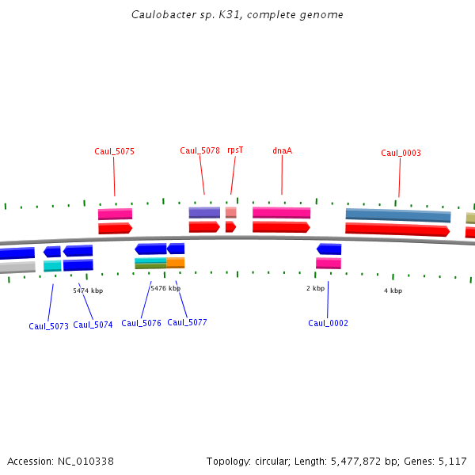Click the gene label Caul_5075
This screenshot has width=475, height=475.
point(114,151)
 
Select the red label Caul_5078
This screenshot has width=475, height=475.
point(199,150)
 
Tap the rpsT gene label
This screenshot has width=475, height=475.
point(235,150)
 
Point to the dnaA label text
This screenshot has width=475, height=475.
point(282,150)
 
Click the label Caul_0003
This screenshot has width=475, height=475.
point(401,153)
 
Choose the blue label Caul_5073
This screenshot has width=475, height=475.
point(48,326)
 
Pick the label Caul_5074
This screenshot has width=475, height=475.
point(93,325)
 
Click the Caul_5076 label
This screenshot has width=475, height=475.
point(141,323)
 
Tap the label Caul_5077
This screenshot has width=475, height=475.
point(187,322)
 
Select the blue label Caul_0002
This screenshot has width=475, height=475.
point(328,323)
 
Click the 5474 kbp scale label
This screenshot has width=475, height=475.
point(88,291)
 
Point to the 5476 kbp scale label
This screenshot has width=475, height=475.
point(165,289)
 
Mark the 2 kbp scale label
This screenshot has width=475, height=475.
point(315,288)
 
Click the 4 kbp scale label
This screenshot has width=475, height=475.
point(393,291)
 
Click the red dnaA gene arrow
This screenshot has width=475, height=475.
point(281,227)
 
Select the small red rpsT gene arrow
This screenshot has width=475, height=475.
point(230,227)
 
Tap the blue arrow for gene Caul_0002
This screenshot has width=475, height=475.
point(329,249)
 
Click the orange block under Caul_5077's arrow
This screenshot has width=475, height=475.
point(175,262)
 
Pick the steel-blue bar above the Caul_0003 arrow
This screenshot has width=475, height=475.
point(397,215)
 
